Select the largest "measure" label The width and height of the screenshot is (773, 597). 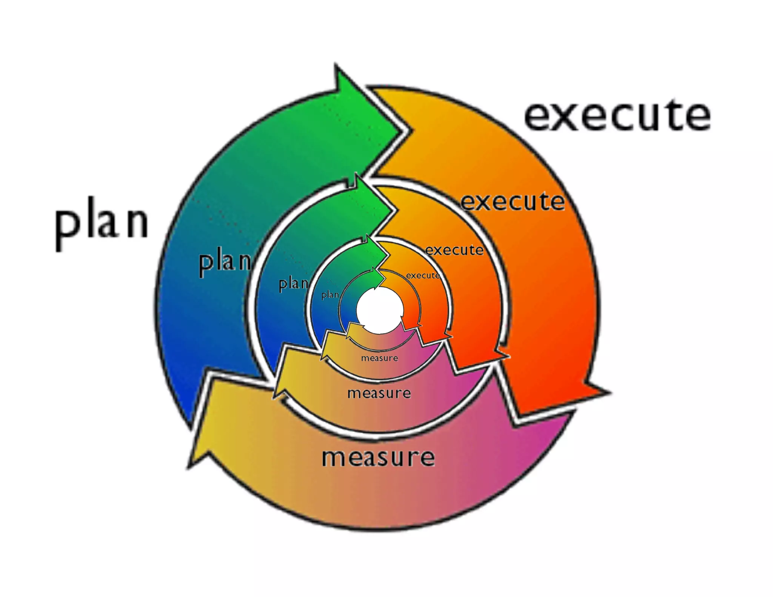(378, 457)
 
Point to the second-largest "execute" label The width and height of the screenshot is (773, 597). (513, 202)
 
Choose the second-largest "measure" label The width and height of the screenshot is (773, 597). (379, 393)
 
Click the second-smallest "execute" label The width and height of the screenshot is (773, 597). (454, 250)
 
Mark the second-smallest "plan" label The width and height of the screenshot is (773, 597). (293, 283)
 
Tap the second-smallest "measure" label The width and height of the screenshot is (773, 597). (379, 358)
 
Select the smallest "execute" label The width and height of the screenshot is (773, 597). (423, 275)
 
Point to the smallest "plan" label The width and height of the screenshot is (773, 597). (330, 294)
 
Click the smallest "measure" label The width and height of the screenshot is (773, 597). (379, 358)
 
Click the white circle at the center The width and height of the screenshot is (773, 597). (380, 310)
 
